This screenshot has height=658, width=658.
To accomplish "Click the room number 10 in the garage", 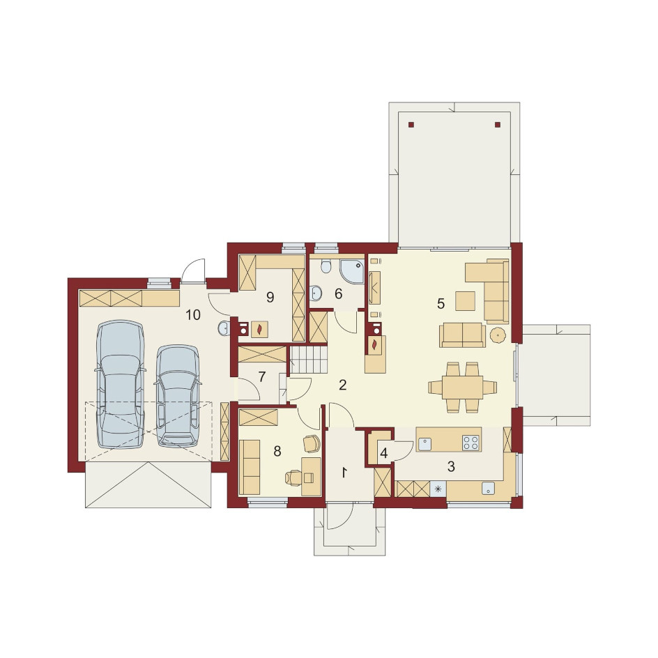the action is click(x=193, y=315).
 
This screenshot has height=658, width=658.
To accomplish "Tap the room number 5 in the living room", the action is click(x=441, y=303).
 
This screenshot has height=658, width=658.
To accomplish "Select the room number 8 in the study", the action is click(x=277, y=452).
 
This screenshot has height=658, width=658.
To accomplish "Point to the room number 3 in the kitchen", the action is click(x=451, y=466).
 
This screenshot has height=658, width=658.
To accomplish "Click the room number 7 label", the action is click(x=262, y=377).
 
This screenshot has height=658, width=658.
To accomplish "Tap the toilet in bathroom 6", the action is click(x=326, y=265).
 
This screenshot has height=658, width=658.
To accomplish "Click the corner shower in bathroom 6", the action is click(x=353, y=270).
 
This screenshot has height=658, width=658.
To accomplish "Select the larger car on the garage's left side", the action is click(x=121, y=384).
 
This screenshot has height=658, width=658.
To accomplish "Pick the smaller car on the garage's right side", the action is click(x=178, y=396).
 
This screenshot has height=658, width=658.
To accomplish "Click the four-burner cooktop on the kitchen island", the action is click(x=470, y=443).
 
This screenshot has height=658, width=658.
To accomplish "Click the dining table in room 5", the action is click(x=462, y=388).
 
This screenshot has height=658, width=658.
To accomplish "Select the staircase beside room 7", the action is click(x=308, y=360).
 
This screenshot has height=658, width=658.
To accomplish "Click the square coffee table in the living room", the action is click(x=466, y=301).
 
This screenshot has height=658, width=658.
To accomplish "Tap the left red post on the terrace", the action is click(x=411, y=124).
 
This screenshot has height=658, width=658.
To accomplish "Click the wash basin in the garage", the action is click(x=223, y=328).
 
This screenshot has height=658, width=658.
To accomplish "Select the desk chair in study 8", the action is click(x=293, y=477).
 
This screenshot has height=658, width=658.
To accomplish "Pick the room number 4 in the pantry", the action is click(x=384, y=453).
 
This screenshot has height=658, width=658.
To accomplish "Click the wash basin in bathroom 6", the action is click(x=316, y=293).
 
